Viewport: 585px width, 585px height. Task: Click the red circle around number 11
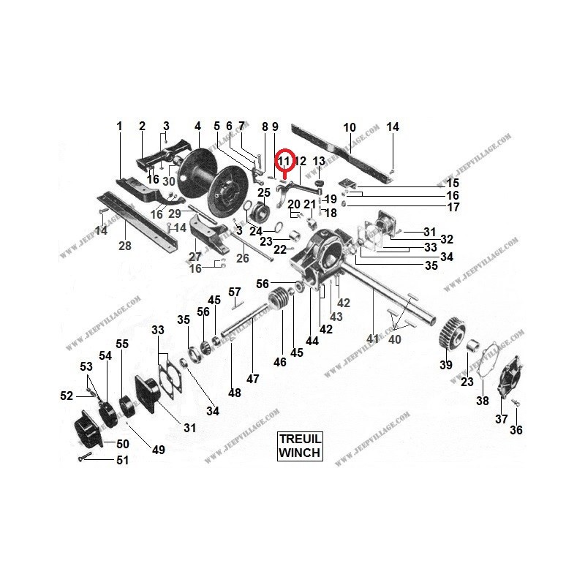pyautogui.click(x=284, y=160)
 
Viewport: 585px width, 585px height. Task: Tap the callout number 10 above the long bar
pyautogui.click(x=349, y=127)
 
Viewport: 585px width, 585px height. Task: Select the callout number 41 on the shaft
pyautogui.click(x=374, y=339)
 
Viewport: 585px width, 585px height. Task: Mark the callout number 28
pyautogui.click(x=125, y=246)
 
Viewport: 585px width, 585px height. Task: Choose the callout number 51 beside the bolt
pyautogui.click(x=121, y=460)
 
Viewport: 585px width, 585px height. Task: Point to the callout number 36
pyautogui.click(x=516, y=430)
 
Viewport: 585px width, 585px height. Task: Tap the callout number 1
pyautogui.click(x=119, y=127)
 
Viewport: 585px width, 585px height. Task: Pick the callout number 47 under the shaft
pyautogui.click(x=253, y=379)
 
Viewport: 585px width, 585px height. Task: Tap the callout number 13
pyautogui.click(x=319, y=161)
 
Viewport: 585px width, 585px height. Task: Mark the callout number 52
pyautogui.click(x=67, y=396)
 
